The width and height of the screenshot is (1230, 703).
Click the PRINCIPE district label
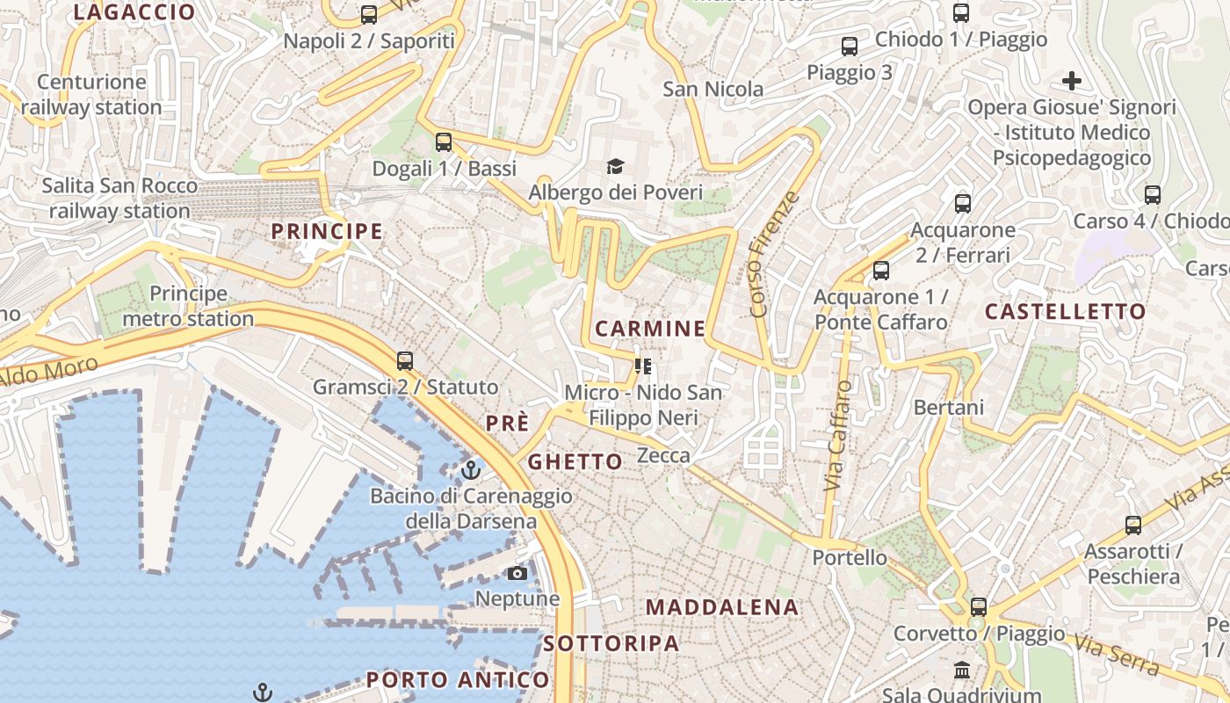[x=327, y=232]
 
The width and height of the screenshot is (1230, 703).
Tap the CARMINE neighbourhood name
[x=650, y=329]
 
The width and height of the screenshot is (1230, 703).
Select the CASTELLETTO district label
[x=1065, y=311]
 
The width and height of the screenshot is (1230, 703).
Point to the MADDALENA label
[x=722, y=607]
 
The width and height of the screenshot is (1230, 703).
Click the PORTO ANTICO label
[x=458, y=679]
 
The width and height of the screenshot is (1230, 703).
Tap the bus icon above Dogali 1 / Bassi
[x=444, y=142]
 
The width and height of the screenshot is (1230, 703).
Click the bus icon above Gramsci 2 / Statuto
[x=405, y=361]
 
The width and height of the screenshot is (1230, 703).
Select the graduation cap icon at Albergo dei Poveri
[x=615, y=166]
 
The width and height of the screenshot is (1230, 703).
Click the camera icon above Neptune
[x=517, y=574]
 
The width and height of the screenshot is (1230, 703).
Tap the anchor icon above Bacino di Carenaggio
[x=471, y=470]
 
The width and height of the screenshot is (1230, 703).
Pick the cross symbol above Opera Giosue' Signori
[x=1071, y=82]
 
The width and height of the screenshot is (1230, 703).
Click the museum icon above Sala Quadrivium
[x=962, y=670]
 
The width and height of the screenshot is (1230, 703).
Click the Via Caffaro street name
[x=839, y=435]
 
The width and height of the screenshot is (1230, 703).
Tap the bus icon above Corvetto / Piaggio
[x=979, y=607]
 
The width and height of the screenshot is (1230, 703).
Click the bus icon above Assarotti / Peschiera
[x=1133, y=525]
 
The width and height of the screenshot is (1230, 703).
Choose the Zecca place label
[x=663, y=455]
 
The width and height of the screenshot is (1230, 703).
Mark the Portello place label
[x=850, y=557]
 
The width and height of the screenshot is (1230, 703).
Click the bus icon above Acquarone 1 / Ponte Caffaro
[x=881, y=271]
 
